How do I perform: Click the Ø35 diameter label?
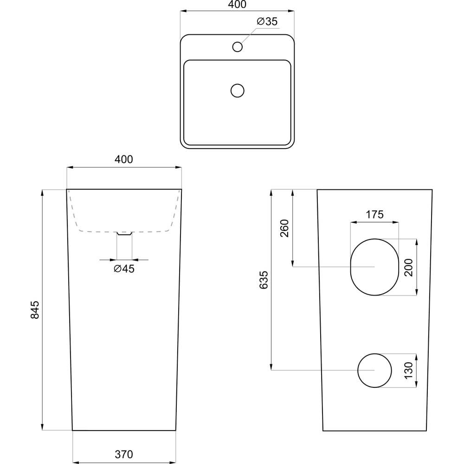[x=267, y=21]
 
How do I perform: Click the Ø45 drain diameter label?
[x=124, y=269]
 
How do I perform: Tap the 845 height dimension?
[x=35, y=310]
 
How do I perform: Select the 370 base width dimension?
[x=124, y=454]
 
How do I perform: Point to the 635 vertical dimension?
[x=264, y=280]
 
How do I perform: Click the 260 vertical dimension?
[x=284, y=228]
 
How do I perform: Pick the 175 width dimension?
[x=374, y=214]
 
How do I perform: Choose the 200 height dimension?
[x=408, y=268]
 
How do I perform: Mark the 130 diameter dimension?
[x=408, y=370]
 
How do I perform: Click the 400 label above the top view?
[x=237, y=5]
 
